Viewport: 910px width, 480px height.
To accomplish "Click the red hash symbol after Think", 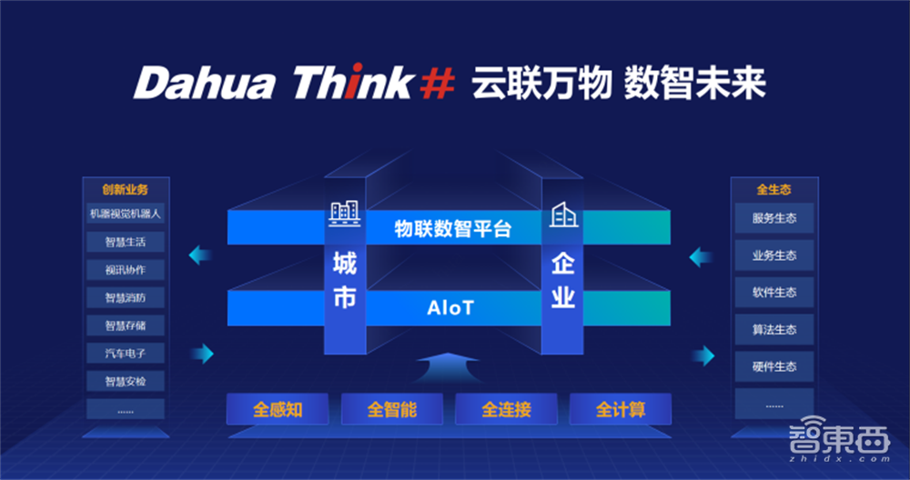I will [436, 85].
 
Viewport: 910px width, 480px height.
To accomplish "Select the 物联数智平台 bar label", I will [452, 228].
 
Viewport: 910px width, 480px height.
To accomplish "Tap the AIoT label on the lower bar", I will [450, 308].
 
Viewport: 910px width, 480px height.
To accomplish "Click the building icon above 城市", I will [343, 215].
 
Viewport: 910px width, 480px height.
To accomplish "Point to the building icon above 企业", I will [563, 215].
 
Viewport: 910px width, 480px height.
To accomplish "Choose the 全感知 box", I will [278, 410].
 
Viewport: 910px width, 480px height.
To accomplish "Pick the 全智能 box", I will [392, 410].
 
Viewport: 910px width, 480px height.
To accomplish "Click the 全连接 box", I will [506, 410].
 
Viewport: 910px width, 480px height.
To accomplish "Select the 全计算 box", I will [621, 410].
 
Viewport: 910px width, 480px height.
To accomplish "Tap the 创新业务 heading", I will [126, 190].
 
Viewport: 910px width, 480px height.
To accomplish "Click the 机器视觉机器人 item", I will [126, 215].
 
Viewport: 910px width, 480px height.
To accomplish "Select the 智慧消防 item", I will [126, 297].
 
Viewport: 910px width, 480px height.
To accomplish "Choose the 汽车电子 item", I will [126, 353].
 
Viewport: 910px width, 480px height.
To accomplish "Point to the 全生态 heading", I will [773, 190].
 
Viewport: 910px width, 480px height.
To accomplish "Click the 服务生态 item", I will [773, 219].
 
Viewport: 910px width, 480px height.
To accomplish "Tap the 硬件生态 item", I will [773, 366].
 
